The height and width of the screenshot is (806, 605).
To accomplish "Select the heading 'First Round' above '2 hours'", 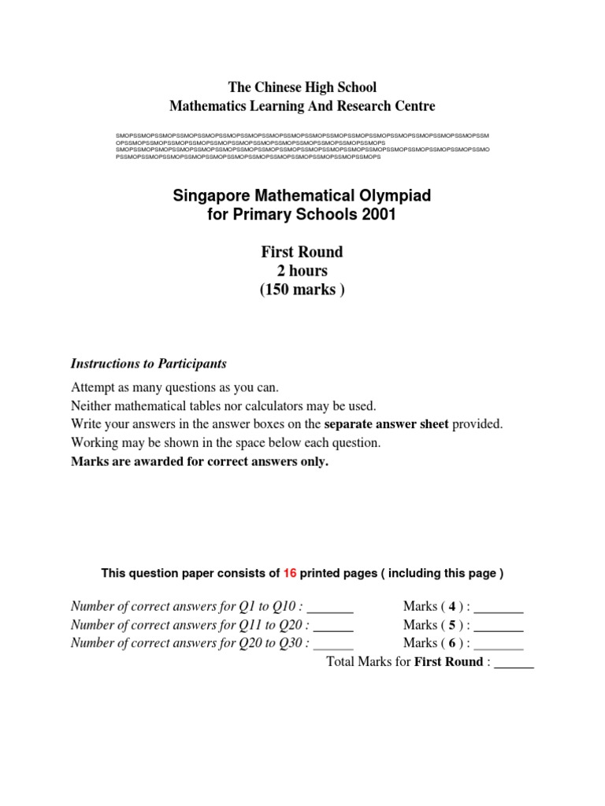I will pyautogui.click(x=302, y=252).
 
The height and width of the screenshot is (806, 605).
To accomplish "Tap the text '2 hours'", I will pyautogui.click(x=302, y=271).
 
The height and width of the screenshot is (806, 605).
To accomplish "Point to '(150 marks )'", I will pyautogui.click(x=302, y=290).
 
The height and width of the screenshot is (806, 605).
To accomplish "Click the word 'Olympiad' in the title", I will pyautogui.click(x=392, y=195).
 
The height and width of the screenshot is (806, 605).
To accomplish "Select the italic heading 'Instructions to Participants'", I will pyautogui.click(x=149, y=364).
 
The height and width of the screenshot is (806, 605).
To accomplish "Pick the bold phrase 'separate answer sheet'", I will pyautogui.click(x=386, y=424).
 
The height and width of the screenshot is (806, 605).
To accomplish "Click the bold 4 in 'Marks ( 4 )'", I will pyautogui.click(x=452, y=606).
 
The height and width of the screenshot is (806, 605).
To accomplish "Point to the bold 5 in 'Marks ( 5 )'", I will pyautogui.click(x=452, y=625).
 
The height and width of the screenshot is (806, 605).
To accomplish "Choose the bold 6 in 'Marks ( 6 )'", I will pyautogui.click(x=452, y=643).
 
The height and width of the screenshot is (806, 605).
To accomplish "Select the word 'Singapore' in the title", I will pyautogui.click(x=215, y=195).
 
